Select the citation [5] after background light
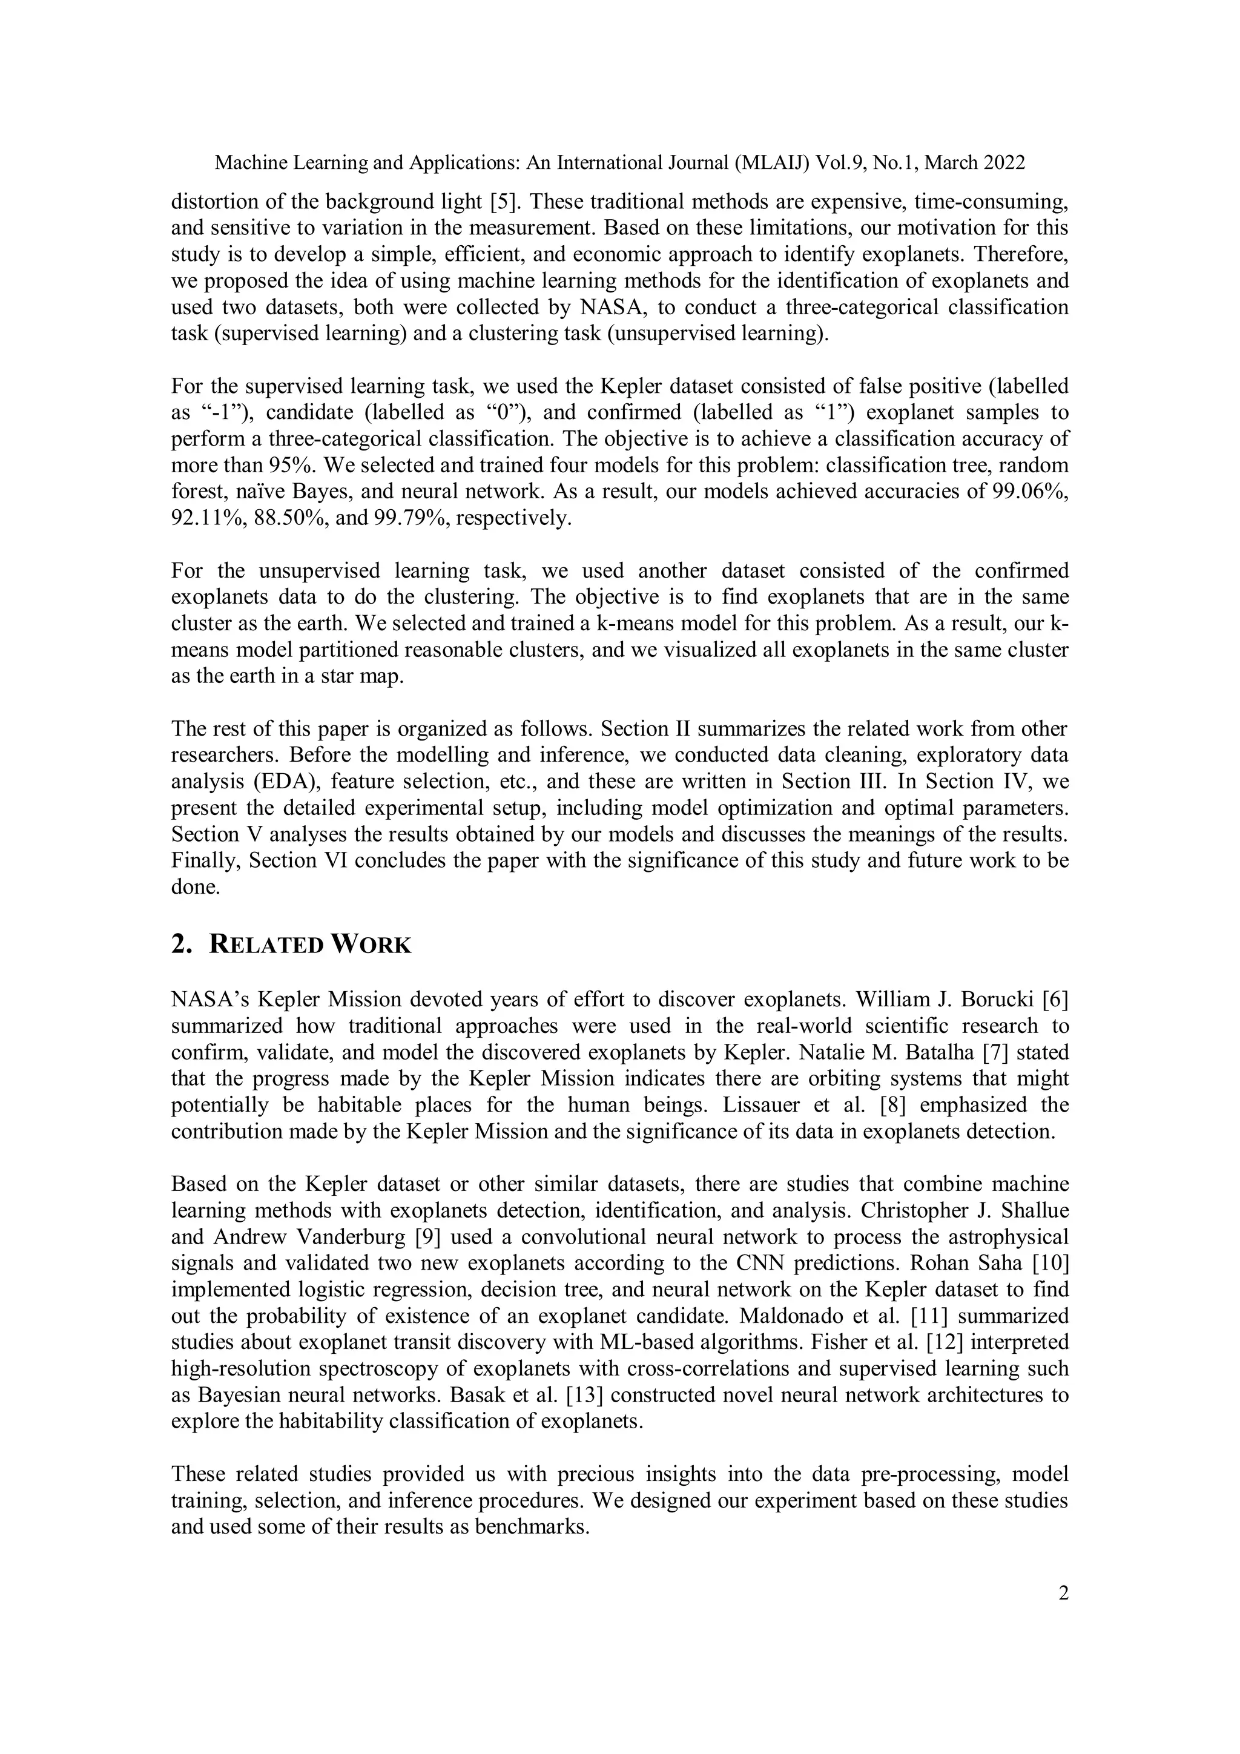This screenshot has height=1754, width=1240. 503,202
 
